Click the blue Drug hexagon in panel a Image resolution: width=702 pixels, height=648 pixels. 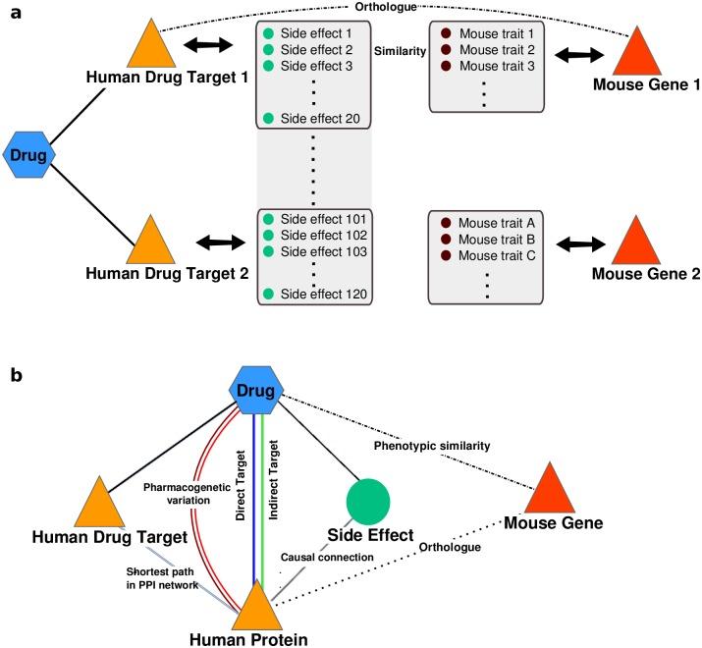[29, 155]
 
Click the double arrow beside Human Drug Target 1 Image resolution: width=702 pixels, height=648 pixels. [211, 45]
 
